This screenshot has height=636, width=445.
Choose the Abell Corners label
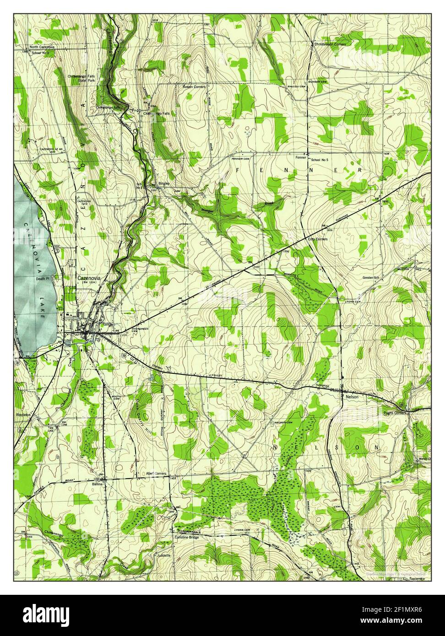(156, 474)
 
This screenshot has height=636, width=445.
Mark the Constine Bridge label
(186, 537)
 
